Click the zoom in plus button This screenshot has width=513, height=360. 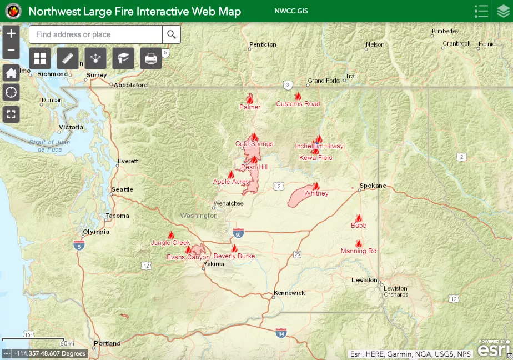tap(11, 34)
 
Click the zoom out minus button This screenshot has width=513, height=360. tap(11, 51)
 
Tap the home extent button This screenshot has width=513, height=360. tap(11, 73)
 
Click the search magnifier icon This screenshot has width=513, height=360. tap(171, 34)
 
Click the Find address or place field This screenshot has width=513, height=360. tap(95, 34)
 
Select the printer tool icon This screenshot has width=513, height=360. tap(151, 58)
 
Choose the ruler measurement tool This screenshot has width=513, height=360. tap(68, 58)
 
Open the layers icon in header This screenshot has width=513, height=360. tap(502, 11)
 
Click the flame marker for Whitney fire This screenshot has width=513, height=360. tap(316, 186)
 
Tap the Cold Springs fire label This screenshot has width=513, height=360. tap(254, 144)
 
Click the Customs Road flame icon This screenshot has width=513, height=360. tap(298, 96)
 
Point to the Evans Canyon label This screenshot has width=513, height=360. tap(188, 257)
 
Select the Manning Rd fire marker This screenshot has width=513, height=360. tap(359, 243)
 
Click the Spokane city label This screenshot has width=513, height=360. tap(373, 186)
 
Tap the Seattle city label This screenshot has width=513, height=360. tap(122, 189)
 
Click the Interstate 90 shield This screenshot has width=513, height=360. tap(238, 232)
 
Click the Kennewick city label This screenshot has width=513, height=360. tap(289, 293)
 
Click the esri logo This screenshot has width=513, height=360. tap(493, 349)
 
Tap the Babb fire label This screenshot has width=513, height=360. tap(359, 226)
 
